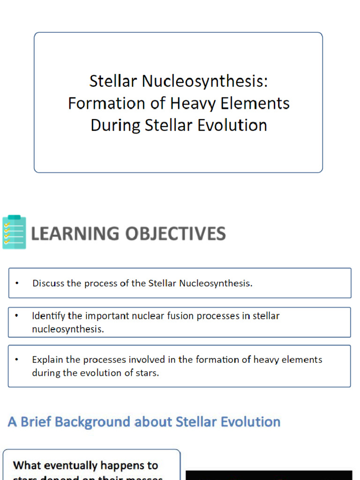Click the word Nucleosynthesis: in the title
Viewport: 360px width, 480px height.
point(205,82)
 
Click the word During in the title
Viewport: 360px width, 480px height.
point(115,125)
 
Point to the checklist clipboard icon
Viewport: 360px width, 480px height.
point(14,232)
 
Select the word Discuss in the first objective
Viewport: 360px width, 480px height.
point(49,283)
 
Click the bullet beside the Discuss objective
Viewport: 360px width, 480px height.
point(17,283)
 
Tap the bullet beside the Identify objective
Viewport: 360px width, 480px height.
point(17,316)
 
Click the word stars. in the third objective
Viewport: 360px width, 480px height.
point(147,373)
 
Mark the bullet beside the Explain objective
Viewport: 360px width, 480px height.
point(17,360)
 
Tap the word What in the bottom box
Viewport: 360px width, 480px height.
point(27,465)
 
